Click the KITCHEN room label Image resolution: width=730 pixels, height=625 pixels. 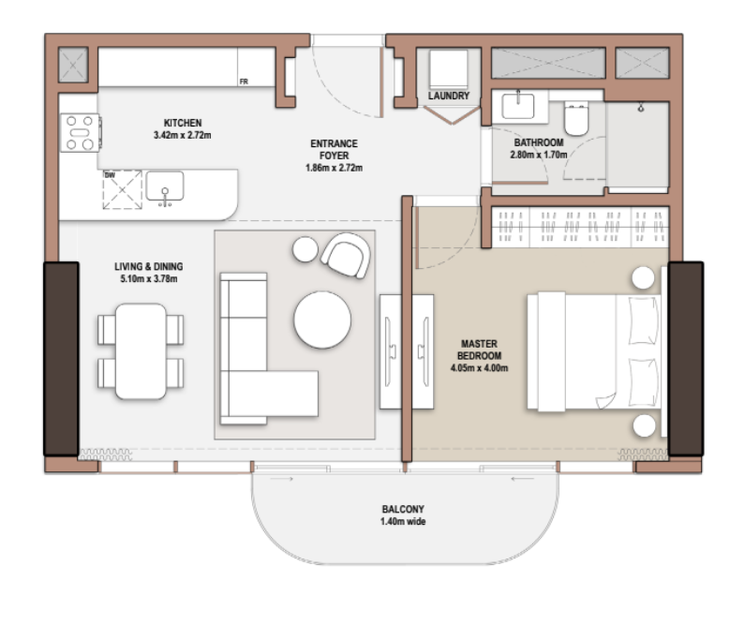coord(183,123)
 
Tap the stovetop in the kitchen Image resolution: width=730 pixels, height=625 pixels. coord(80,133)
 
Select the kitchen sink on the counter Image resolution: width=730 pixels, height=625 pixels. coord(165,187)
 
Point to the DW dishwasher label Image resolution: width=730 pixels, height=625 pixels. coord(110,175)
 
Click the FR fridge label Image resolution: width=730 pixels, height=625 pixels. coord(244,82)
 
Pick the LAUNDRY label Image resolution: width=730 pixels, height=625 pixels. coord(449,96)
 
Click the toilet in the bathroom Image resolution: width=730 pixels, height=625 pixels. coord(576,118)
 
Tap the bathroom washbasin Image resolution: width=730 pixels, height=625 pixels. coord(518,106)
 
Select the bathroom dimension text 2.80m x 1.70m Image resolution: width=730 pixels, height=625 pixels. coord(539,155)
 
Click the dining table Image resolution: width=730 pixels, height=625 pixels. coord(141,351)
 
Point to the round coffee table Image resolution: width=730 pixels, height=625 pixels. coord(322,320)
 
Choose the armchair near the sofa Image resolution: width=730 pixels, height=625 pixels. coord(346,256)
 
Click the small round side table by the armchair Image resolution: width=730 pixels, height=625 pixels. coord(305,249)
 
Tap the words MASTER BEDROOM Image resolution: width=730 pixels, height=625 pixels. coord(479,350)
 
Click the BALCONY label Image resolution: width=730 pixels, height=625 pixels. coord(403,509)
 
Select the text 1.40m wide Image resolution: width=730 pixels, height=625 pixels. coord(403,522)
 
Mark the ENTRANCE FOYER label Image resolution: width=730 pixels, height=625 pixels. coord(335,149)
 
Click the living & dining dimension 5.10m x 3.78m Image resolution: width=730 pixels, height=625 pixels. coord(148,279)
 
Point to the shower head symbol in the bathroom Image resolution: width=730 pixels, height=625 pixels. coord(641,108)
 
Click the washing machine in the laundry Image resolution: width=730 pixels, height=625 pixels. coord(448,69)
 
